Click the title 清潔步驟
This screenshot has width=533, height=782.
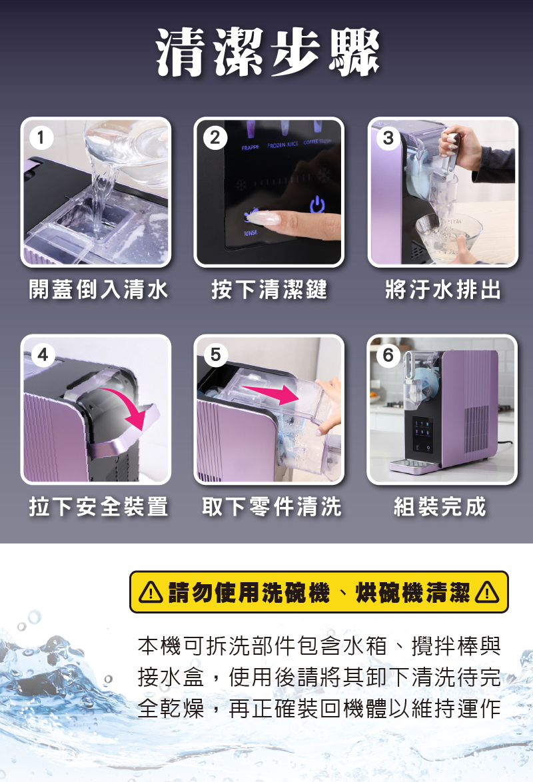tap(268, 53)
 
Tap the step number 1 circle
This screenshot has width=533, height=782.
tap(41, 138)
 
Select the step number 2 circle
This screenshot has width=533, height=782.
tap(215, 138)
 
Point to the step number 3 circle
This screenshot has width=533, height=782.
tap(388, 138)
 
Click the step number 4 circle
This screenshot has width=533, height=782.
tap(43, 355)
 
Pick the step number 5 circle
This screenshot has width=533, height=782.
tap(216, 355)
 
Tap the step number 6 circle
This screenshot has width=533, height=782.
tap(388, 355)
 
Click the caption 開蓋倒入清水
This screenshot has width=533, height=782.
tap(99, 290)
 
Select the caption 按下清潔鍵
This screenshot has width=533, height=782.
tap(269, 290)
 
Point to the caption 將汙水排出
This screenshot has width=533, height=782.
tap(442, 290)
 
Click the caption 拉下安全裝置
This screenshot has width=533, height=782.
tap(99, 507)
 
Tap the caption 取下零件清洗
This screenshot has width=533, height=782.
tap(271, 507)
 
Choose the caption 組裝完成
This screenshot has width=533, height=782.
tap(440, 507)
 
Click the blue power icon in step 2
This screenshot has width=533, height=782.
tap(317, 204)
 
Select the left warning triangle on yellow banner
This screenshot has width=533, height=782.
tap(150, 592)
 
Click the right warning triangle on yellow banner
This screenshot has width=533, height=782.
tap(486, 592)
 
